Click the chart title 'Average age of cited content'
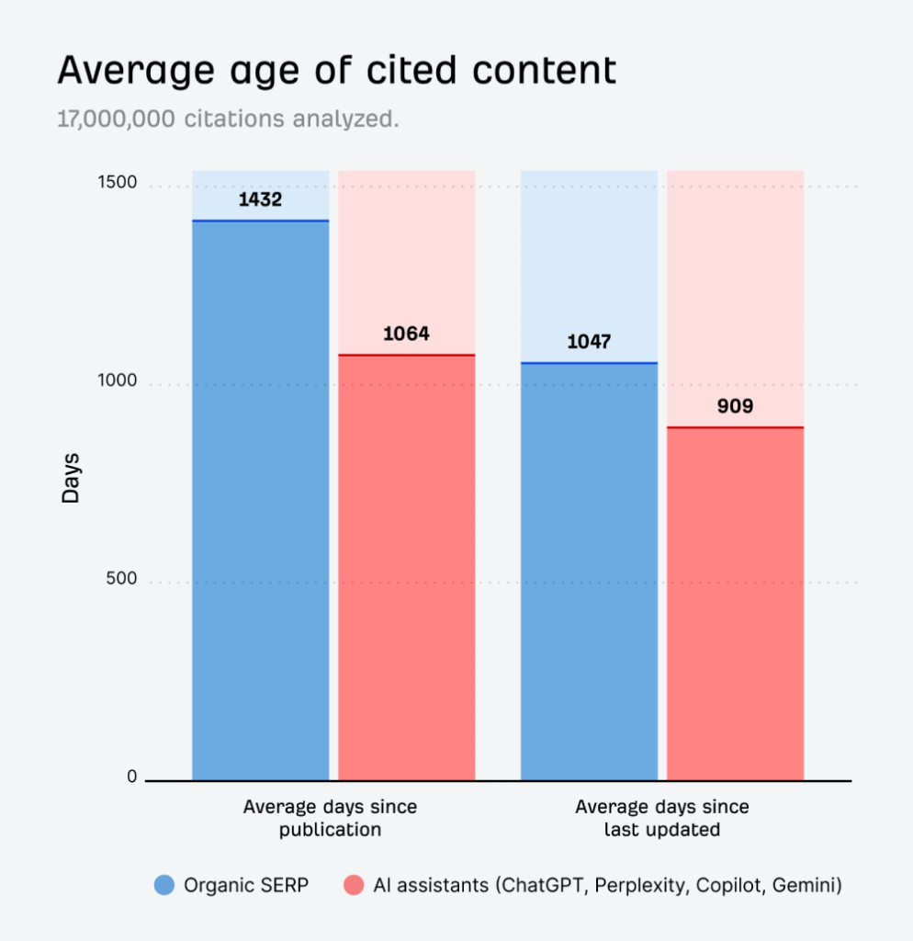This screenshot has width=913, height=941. click(336, 71)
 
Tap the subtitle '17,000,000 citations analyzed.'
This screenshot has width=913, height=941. click(228, 120)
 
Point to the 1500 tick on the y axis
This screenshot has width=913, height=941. click(118, 183)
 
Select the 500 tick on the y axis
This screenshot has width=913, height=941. click(121, 579)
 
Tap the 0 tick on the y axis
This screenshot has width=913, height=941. click(131, 777)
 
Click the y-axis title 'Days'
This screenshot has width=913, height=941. click(71, 478)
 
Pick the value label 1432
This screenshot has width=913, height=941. click(260, 199)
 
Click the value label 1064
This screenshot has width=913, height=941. click(406, 334)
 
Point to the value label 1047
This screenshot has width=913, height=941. click(589, 342)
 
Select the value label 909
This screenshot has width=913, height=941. click(735, 405)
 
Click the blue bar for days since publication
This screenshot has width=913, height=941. click(260, 501)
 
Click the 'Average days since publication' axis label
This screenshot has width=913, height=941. click(330, 818)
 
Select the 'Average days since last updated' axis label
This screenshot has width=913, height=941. click(661, 818)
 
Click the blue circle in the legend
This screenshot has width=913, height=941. click(164, 886)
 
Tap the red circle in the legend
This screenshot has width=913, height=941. click(354, 886)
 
